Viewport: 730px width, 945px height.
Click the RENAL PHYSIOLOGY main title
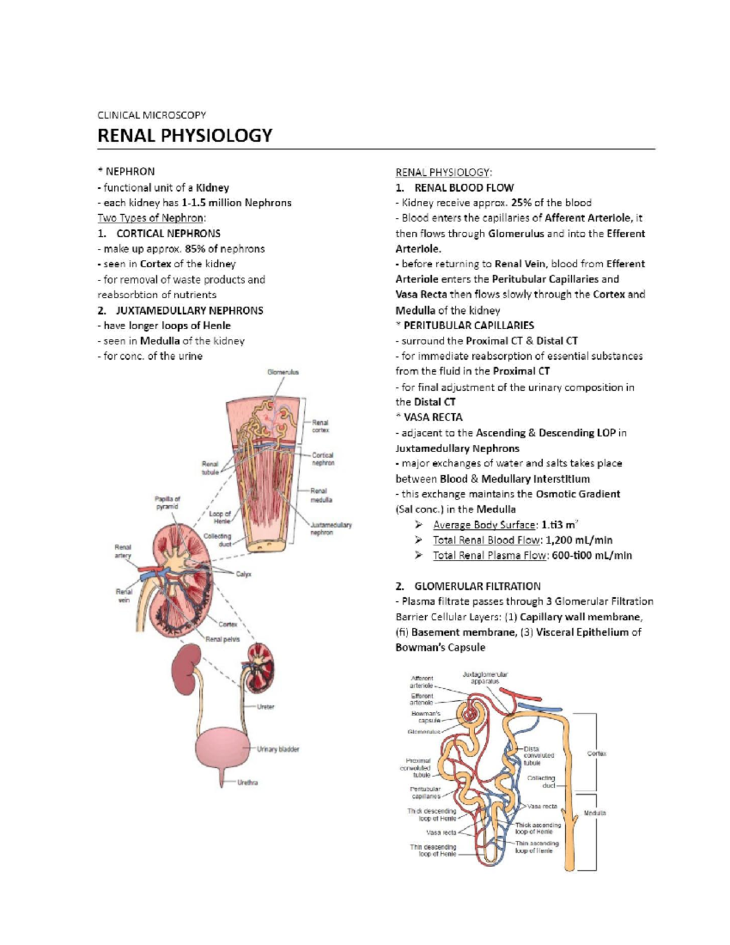click(185, 135)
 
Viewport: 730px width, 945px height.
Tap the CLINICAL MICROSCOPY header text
click(151, 114)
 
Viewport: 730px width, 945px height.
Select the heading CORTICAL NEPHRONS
click(168, 233)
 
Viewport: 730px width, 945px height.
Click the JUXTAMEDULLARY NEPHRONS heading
click(189, 310)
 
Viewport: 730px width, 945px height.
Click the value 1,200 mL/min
click(579, 540)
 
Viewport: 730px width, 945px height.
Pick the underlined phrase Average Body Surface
click(485, 525)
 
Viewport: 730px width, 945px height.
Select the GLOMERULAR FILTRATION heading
click(477, 586)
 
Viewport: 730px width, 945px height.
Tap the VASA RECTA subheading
click(433, 417)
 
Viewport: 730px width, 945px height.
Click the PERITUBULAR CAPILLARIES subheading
click(468, 326)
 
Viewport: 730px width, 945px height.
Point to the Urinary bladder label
click(278, 749)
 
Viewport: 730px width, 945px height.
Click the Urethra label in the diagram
click(248, 783)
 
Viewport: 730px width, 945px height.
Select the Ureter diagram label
click(266, 706)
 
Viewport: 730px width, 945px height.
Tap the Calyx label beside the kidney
click(243, 574)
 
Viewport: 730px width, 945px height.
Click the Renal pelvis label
click(223, 639)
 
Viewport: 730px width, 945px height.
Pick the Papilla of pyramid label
click(167, 502)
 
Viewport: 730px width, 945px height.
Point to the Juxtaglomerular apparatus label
click(485, 678)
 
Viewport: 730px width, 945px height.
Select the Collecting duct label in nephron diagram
click(541, 781)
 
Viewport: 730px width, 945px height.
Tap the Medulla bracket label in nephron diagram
click(594, 812)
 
